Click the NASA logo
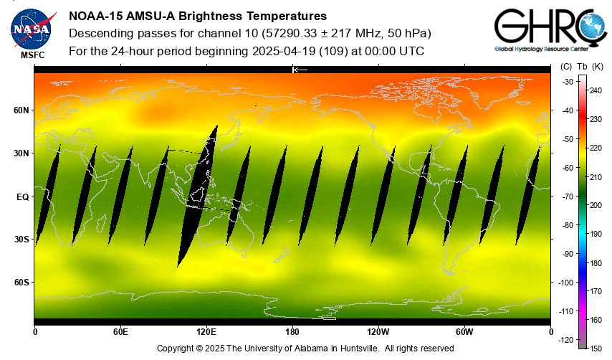(x=31, y=27)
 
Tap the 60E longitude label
(x=120, y=332)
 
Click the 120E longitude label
(x=206, y=332)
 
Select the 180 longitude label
(x=292, y=332)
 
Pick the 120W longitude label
(x=378, y=332)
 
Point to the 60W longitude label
(x=464, y=332)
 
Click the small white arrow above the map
(x=300, y=70)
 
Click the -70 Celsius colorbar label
(x=566, y=196)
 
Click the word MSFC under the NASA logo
(x=31, y=55)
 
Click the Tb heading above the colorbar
(x=582, y=67)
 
